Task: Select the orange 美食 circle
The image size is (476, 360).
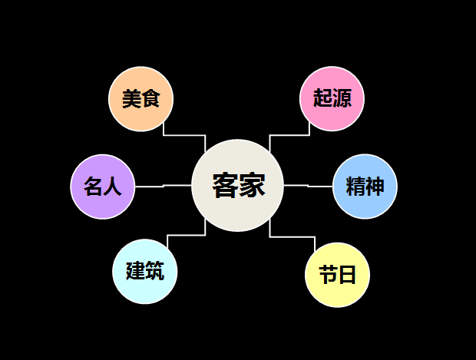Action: click(x=140, y=99)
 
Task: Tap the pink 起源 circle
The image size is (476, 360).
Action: click(x=332, y=99)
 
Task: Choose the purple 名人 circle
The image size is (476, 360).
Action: click(x=103, y=187)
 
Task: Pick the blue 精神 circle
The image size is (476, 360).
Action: click(x=365, y=187)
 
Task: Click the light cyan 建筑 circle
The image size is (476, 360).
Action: click(x=145, y=271)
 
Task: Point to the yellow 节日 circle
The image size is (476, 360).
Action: click(x=338, y=275)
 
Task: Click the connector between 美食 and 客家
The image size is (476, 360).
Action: click(x=184, y=135)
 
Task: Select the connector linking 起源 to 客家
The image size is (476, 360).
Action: click(x=289, y=135)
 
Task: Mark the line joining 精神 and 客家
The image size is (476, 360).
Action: click(x=309, y=186)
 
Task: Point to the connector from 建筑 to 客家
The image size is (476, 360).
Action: click(x=186, y=236)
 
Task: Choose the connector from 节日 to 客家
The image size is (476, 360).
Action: click(x=293, y=236)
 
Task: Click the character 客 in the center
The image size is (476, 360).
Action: click(x=225, y=186)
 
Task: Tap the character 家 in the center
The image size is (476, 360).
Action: click(x=252, y=186)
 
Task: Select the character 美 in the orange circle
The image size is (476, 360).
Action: click(x=131, y=99)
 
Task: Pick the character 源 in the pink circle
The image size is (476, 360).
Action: click(x=342, y=99)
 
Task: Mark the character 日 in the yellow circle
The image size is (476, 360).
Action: click(x=348, y=275)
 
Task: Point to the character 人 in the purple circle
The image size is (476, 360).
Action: click(x=113, y=187)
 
